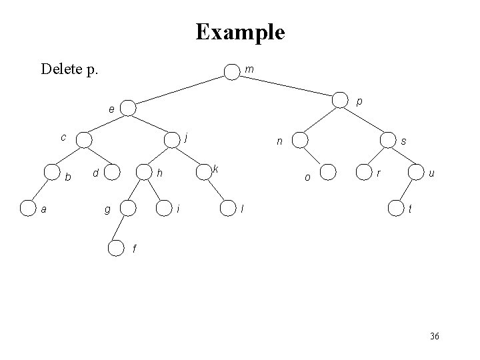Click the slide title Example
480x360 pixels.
pyautogui.click(x=240, y=31)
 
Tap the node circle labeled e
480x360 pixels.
pyautogui.click(x=128, y=108)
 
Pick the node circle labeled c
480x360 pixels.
pyautogui.click(x=84, y=139)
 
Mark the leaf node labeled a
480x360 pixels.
pyautogui.click(x=27, y=209)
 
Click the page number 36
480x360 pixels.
pyautogui.click(x=435, y=337)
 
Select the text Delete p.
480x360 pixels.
pyautogui.click(x=69, y=69)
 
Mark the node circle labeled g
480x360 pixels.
pyautogui.click(x=127, y=209)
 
